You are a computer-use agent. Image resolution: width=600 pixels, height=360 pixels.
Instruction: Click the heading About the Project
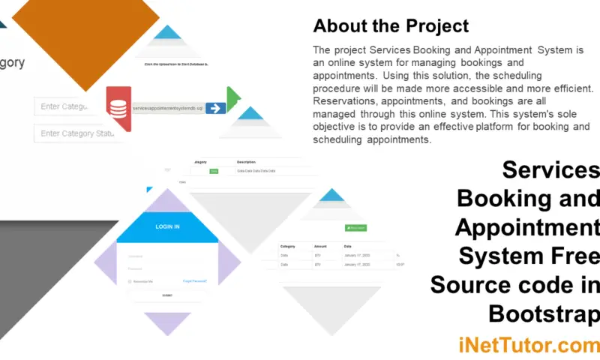(391, 26)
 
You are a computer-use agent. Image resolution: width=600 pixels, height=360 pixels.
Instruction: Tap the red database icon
(118, 109)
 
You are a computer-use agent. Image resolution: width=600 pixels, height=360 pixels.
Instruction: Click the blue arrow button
(215, 109)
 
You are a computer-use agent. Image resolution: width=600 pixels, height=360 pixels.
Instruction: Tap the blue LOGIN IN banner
(167, 226)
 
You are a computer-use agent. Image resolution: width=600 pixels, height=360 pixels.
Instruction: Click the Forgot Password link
(194, 281)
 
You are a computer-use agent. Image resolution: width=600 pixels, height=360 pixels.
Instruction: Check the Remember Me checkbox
(130, 282)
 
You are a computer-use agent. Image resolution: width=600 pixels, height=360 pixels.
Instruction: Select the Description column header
(247, 162)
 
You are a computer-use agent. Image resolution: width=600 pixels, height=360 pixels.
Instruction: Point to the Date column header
(348, 246)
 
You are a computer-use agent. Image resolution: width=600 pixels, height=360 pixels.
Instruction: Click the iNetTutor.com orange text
(529, 346)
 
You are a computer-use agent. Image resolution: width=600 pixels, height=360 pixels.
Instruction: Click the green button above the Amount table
(355, 227)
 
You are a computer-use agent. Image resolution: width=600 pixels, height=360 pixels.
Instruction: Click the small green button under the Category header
(214, 171)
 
